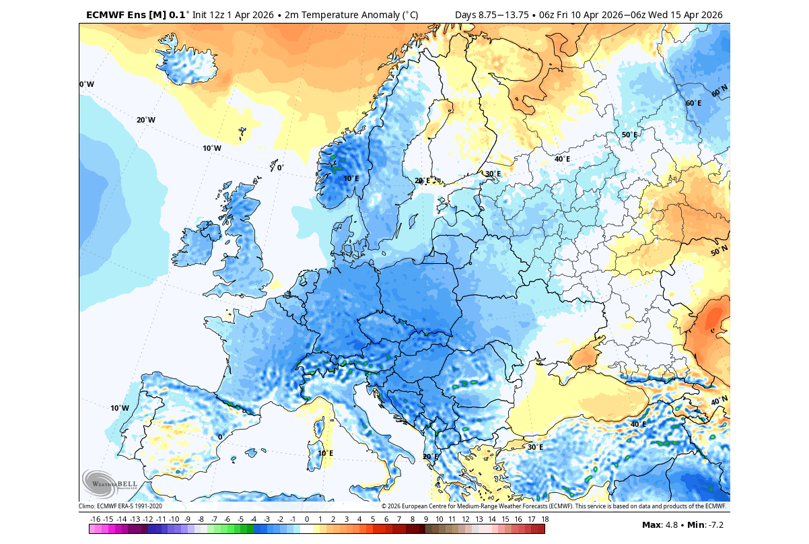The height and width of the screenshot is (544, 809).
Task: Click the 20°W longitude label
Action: tap(146, 120)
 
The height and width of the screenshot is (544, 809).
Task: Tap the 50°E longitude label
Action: tap(629, 135)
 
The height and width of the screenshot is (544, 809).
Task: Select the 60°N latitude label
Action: tap(719, 90)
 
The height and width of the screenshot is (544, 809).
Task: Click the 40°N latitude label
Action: tap(719, 401)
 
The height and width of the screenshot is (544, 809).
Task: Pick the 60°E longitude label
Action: tap(693, 103)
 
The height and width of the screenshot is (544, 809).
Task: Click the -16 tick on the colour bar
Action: tap(95, 519)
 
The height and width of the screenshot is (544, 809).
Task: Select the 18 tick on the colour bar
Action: tap(544, 519)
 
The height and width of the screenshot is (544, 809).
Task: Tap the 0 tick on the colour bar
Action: tap(306, 519)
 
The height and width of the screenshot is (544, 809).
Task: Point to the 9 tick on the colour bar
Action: tap(425, 519)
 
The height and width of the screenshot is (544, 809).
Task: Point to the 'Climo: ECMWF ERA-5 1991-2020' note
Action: tap(120, 506)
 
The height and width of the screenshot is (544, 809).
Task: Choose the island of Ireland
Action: tap(200, 246)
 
